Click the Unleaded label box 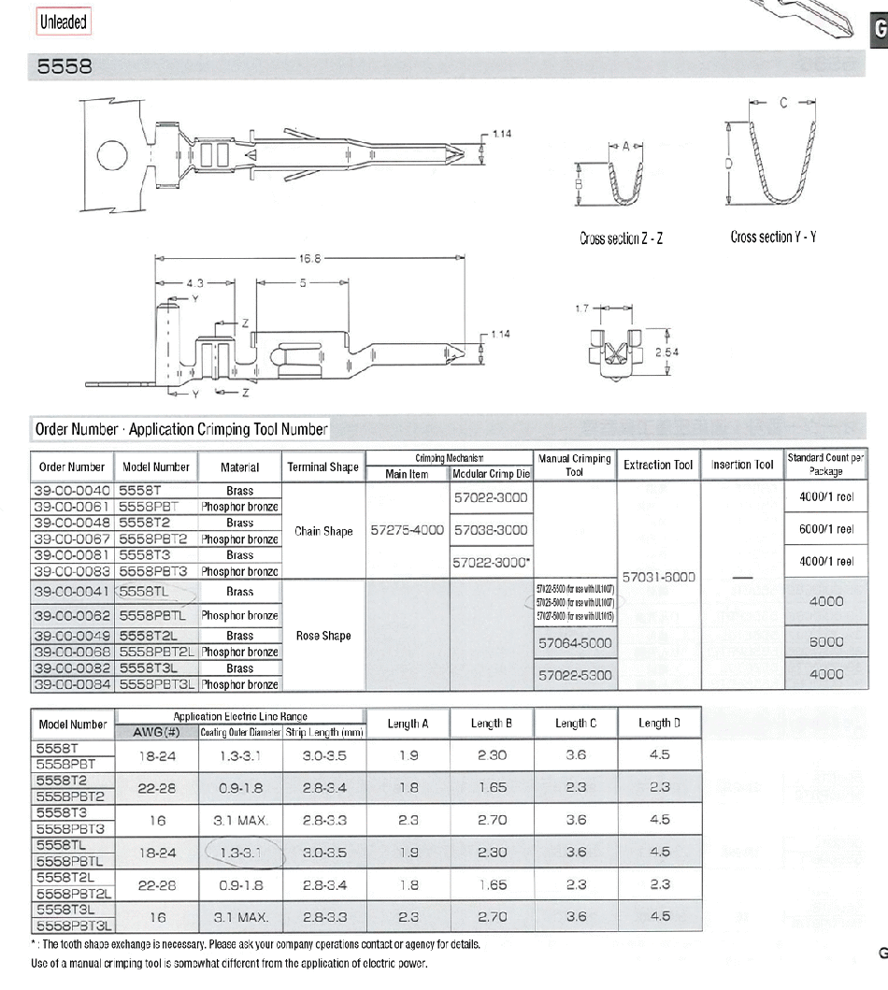tap(64, 22)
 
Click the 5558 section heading tap(64, 67)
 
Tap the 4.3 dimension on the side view tap(193, 280)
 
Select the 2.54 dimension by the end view tap(668, 352)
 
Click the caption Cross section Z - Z tap(621, 238)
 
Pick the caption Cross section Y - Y tap(773, 237)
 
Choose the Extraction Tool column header tap(659, 465)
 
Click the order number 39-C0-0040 tap(72, 490)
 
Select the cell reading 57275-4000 tap(407, 530)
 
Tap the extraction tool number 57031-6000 tap(659, 577)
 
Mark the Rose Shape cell tap(323, 636)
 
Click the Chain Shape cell tap(323, 531)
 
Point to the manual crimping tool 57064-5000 tap(575, 643)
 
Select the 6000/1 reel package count tap(825, 529)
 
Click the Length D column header tap(659, 723)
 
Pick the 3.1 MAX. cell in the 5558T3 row tap(241, 820)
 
